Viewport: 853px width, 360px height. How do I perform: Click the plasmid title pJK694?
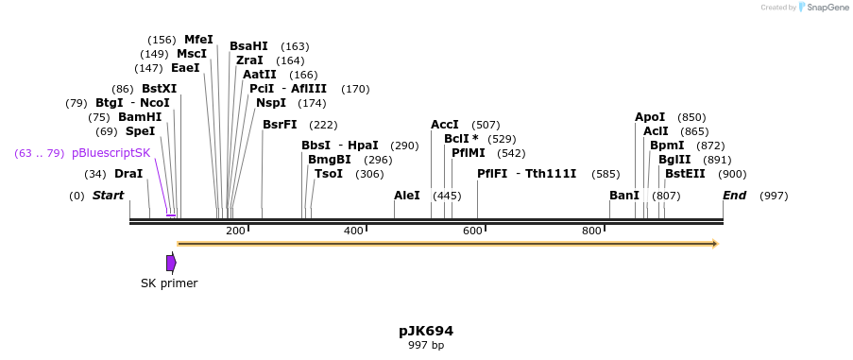click(425, 331)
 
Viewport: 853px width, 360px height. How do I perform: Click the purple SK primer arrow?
click(171, 263)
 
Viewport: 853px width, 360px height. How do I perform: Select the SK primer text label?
click(169, 283)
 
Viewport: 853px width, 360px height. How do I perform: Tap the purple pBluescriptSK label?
click(111, 153)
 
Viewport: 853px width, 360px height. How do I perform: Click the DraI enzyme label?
click(128, 174)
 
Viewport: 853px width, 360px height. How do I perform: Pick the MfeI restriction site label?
click(198, 40)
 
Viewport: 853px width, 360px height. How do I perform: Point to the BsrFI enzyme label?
click(280, 125)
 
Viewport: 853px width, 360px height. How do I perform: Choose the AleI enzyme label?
click(407, 196)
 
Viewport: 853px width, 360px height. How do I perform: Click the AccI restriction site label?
click(445, 125)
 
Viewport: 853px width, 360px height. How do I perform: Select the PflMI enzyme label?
click(469, 152)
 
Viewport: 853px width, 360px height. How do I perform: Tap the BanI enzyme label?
click(624, 196)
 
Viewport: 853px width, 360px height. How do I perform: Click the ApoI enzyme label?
click(650, 117)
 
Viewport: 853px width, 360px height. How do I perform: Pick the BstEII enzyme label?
click(685, 174)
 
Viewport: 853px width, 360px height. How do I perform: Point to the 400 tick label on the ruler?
click(354, 231)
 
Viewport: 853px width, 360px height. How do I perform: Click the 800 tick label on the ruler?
click(592, 231)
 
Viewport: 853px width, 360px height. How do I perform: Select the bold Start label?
click(108, 196)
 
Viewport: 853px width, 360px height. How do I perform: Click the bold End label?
click(735, 196)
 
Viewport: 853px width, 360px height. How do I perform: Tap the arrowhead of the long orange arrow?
click(715, 244)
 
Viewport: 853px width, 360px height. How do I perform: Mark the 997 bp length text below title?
click(425, 346)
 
